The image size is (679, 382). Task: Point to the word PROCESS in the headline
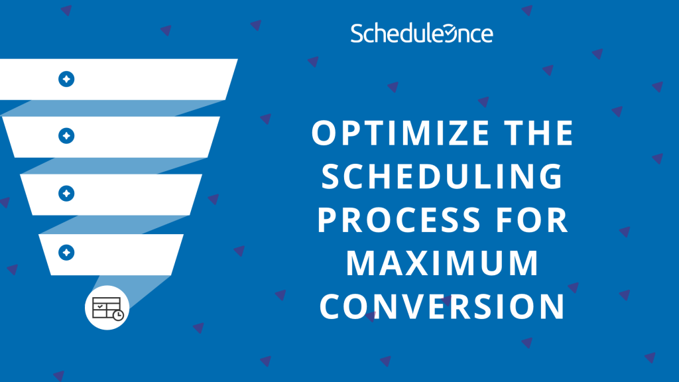pos(391,220)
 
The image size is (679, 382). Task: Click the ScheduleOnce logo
pos(422,34)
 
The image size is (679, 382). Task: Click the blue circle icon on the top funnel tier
pos(66,79)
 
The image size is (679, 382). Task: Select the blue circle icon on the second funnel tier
pos(66,136)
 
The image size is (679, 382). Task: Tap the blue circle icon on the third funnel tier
pos(66,193)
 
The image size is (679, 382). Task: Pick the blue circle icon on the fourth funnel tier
pos(66,252)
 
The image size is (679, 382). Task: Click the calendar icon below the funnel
pos(106,309)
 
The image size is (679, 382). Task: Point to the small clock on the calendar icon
pos(117,315)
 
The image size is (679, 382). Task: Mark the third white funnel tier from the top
pos(133,194)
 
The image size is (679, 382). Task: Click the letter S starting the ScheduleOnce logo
pos(357,34)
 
